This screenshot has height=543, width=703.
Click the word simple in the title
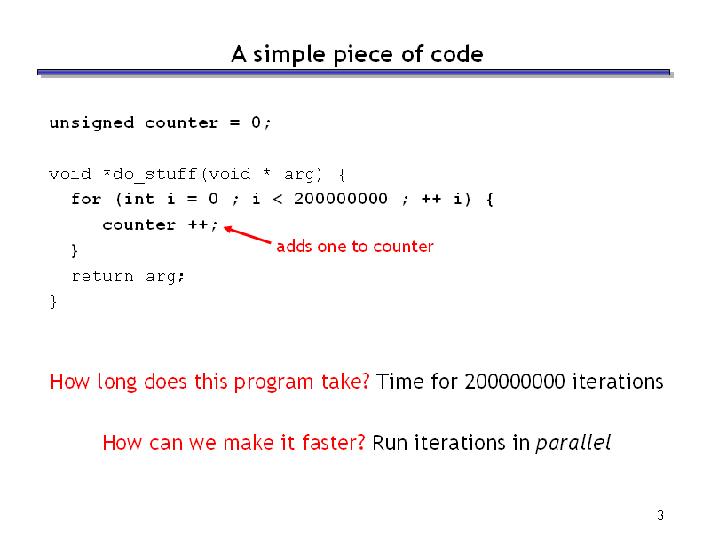coord(289,55)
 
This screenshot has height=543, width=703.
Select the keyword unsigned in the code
coord(92,123)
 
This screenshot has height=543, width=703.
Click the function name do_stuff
coord(154,174)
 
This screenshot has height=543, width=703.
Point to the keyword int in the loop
coord(139,199)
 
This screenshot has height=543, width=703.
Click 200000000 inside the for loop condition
coord(341,199)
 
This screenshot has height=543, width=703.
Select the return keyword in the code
coord(103,277)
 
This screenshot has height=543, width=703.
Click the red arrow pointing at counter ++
coord(247,235)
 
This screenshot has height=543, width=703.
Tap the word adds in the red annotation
coord(294,246)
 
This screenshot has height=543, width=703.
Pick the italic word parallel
coord(573,443)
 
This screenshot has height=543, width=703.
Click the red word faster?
coord(334,442)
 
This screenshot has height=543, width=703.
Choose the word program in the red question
coord(273,382)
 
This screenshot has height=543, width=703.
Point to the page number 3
coord(660,515)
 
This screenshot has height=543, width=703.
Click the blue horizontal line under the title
coord(354,72)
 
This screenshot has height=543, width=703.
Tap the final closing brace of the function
coord(54,302)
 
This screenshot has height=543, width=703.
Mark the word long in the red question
coord(116,382)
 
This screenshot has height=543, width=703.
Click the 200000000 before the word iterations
coord(515,382)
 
